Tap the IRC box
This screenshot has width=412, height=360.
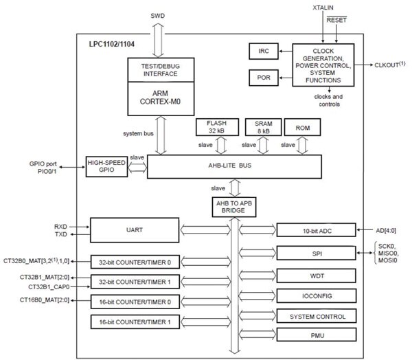[x=264, y=52]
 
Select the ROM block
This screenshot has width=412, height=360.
[x=302, y=128]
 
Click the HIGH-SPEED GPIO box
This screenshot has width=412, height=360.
[x=106, y=166]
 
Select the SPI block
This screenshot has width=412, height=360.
[x=317, y=254]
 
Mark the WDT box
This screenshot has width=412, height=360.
[x=317, y=276]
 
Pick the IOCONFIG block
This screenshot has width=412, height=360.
[x=317, y=296]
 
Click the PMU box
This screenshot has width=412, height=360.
[x=317, y=336]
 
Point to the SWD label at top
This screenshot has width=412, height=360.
[x=158, y=15]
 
